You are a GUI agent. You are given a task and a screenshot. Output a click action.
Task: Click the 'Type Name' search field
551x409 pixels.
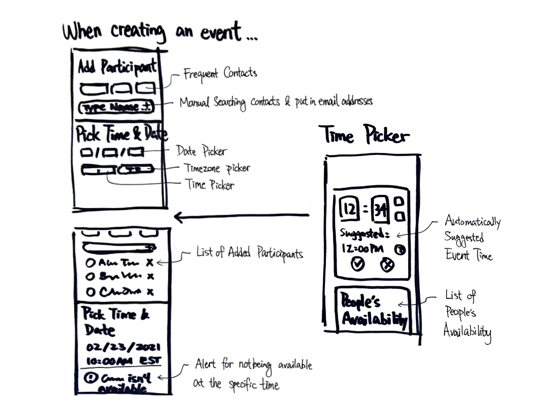click(x=117, y=108)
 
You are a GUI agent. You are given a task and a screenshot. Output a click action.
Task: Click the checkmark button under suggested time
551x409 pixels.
click(x=358, y=264)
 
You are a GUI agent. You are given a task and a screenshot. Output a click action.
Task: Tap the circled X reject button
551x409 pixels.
click(x=387, y=264)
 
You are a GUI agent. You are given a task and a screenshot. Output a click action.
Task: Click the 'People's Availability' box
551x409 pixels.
click(x=373, y=309)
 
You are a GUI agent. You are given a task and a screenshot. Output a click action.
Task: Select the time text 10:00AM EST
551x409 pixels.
click(x=123, y=361)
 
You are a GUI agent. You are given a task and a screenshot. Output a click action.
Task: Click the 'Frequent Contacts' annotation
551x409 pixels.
click(x=220, y=74)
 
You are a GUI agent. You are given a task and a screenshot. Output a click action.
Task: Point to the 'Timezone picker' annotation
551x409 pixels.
click(x=217, y=168)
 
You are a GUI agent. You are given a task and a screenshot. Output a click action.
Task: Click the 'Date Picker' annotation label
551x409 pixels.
click(x=201, y=150)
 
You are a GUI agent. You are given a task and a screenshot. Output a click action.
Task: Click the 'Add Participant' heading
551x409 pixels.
click(x=117, y=68)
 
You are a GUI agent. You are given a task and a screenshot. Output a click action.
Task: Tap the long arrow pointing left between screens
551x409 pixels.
click(x=241, y=216)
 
